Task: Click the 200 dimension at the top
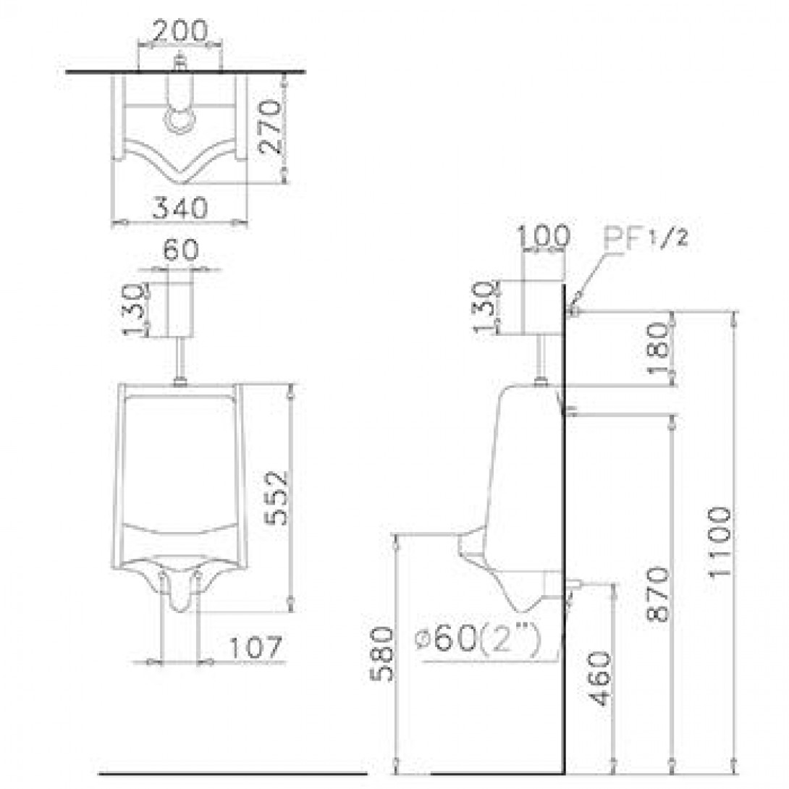point(180,30)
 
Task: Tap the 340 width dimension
point(180,207)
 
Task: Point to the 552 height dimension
point(277,498)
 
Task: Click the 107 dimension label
point(256,647)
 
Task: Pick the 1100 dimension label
point(720,543)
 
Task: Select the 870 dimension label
point(659,594)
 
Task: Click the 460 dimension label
point(600,679)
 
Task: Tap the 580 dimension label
point(382,654)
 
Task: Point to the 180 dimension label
point(659,348)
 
